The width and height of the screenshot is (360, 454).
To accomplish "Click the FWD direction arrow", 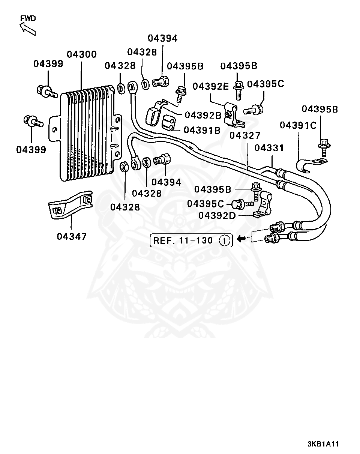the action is coord(28,29).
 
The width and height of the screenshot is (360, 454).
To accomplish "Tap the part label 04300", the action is coord(82,54).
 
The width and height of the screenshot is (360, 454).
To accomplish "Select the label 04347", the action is coord(72,236).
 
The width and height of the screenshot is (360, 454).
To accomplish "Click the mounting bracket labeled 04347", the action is coord(70,205).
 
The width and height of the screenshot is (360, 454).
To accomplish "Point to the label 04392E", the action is coord(211,86).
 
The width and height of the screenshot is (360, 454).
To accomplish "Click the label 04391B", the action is coord(202,130).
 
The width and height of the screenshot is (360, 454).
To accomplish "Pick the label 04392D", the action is coord(217,216).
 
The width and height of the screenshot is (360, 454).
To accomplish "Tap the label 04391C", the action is coord(298,125).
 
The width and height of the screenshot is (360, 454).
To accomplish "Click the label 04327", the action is coord(245,135).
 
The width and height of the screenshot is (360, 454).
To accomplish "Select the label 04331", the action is coord(269,148).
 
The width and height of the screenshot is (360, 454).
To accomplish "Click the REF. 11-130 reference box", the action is coord(191,240).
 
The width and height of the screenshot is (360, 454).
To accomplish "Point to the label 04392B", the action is coord(203,115).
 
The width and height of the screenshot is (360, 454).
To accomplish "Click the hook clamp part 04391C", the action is coord(310,165).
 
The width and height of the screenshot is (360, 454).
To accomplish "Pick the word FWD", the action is coord(28,18).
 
